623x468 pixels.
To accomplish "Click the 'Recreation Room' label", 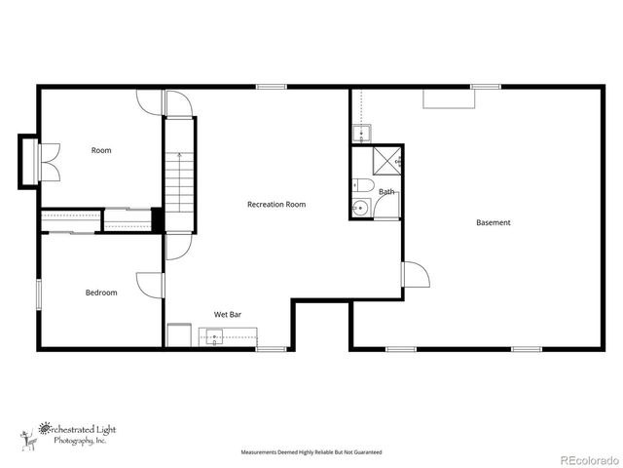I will point(276,205).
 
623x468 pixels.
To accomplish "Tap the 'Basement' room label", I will point(493,223).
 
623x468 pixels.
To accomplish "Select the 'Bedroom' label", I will point(101,292).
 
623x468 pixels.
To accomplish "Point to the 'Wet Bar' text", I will point(228,315).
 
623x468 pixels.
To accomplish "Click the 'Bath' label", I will point(386,192).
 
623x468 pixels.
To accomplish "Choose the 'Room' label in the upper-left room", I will point(101,150).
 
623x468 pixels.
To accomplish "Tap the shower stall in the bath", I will point(386,161).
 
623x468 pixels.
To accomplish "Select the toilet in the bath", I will point(362,186).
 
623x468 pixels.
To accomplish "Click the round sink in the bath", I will point(359,207).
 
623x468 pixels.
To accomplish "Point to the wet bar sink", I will point(214,337).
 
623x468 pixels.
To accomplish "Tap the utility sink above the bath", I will point(360,134).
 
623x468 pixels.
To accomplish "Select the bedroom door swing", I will point(150,284).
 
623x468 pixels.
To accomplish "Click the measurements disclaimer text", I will point(311,452).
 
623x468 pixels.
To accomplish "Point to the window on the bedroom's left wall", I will point(39,292).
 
